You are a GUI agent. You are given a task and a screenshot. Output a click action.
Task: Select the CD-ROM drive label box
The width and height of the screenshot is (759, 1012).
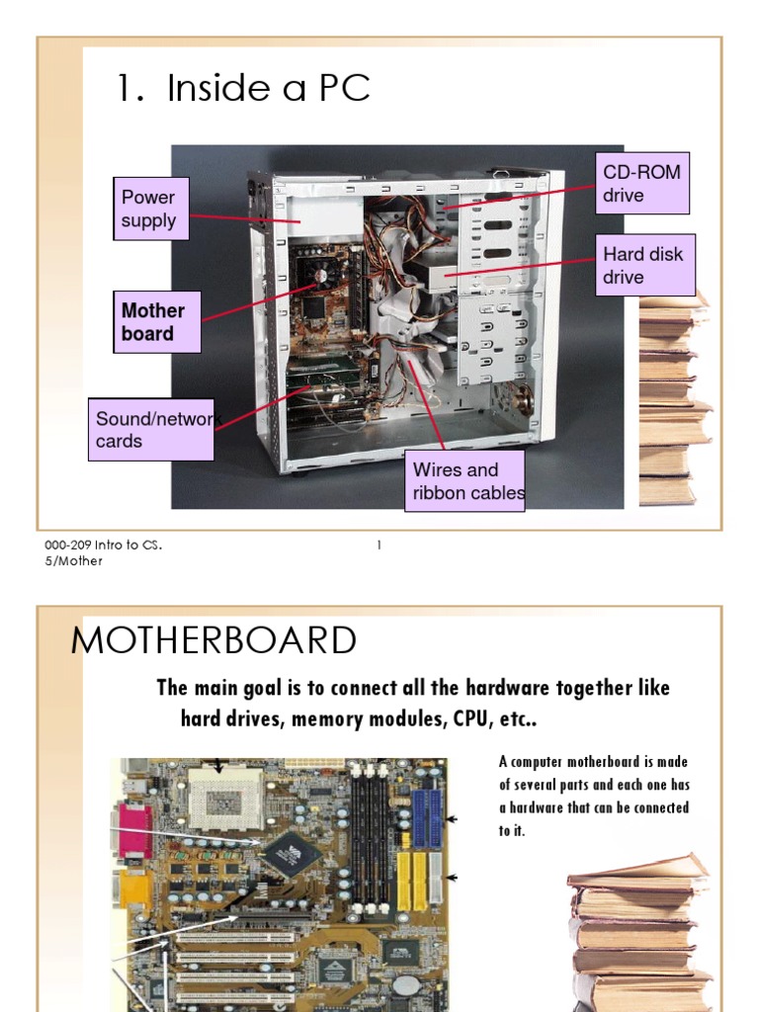click(x=641, y=184)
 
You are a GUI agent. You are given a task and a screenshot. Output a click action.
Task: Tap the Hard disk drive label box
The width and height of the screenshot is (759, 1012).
click(x=648, y=265)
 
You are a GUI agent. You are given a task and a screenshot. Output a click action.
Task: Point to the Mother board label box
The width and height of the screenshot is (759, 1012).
click(x=157, y=322)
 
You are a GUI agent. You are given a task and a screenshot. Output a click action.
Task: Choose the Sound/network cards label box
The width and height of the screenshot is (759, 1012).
click(x=151, y=430)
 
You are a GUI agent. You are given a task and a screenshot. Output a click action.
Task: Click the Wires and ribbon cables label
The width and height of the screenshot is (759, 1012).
click(x=464, y=481)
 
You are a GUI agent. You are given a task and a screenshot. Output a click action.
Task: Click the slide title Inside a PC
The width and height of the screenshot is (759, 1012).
click(x=243, y=89)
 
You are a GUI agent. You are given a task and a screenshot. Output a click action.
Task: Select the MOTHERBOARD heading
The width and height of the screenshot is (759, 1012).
click(x=213, y=641)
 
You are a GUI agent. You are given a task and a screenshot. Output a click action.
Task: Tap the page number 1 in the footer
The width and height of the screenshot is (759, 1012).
click(x=379, y=546)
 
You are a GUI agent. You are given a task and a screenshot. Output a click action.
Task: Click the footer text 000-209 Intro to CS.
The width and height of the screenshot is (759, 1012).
click(x=103, y=546)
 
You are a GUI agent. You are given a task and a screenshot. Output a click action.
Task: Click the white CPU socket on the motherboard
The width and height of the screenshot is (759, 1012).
click(x=223, y=792)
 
